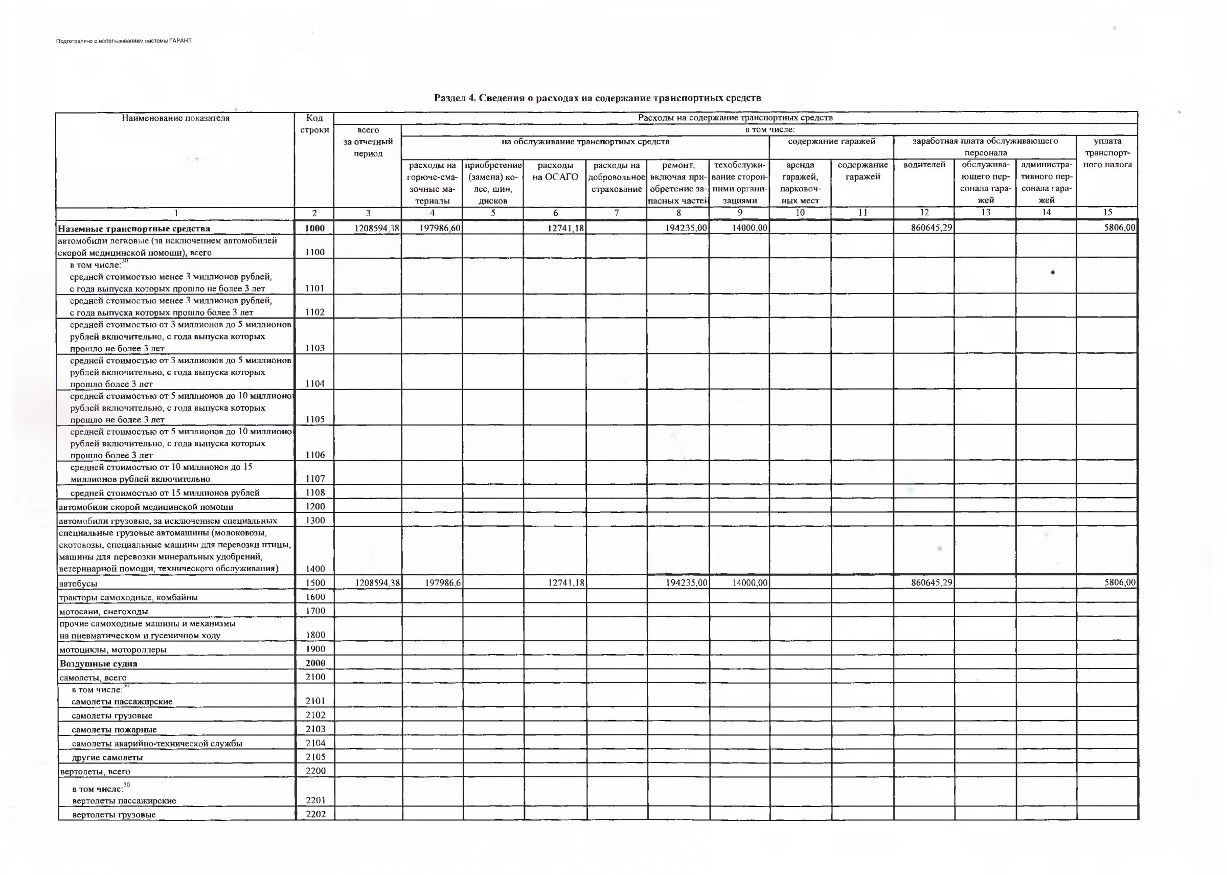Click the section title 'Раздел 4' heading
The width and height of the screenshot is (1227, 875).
tap(597, 98)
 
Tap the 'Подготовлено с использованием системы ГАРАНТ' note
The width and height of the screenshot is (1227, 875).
tap(124, 41)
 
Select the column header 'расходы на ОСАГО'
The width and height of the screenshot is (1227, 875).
tap(555, 171)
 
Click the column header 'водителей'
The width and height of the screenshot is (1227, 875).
tap(924, 165)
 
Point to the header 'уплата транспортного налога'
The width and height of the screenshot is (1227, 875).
tap(1107, 153)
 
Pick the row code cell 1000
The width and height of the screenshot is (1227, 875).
tap(314, 229)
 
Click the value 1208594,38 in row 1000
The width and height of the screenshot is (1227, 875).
tap(376, 228)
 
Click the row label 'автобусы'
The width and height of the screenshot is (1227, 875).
tap(78, 584)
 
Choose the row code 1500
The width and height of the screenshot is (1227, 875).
tap(314, 583)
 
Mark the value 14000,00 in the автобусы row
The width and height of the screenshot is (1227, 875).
tap(749, 582)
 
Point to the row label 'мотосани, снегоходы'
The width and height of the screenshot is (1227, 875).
tap(103, 612)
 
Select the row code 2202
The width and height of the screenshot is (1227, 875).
tap(315, 814)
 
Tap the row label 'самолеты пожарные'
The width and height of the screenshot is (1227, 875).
tap(114, 730)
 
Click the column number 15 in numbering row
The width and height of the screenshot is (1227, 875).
tap(1107, 212)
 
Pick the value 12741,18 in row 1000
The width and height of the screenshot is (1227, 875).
tap(565, 228)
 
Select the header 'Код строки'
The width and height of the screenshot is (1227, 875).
tap(314, 124)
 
